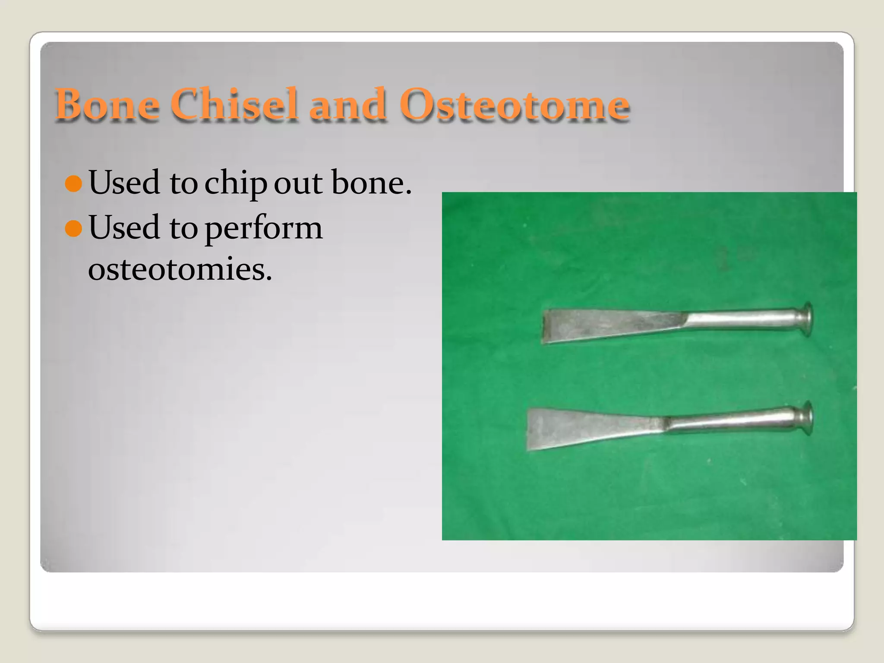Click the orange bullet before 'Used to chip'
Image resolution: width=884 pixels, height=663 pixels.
tap(73, 183)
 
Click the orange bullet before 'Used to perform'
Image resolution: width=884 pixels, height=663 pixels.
tap(73, 228)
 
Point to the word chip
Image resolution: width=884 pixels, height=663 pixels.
tap(235, 183)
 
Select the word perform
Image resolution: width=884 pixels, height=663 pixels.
tap(263, 228)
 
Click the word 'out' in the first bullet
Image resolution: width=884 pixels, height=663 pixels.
tap(298, 183)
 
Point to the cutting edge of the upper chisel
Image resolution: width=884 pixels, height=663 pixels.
tap(544, 326)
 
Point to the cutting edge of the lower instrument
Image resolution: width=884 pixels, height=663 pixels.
tap(529, 429)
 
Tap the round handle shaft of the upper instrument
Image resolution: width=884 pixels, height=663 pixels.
tap(742, 320)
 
